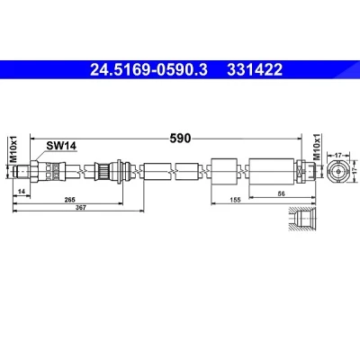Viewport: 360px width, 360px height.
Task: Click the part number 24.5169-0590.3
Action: [148, 69]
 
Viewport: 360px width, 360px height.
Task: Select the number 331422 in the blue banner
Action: [255, 69]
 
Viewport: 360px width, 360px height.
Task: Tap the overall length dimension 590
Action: [180, 139]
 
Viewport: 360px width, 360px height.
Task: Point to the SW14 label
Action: [61, 146]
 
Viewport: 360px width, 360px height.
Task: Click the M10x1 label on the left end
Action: [13, 149]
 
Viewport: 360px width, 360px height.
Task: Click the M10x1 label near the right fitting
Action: [317, 148]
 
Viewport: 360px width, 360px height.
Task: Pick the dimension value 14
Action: [21, 192]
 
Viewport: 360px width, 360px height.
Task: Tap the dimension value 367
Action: [81, 207]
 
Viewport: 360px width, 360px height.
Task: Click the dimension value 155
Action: [235, 200]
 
